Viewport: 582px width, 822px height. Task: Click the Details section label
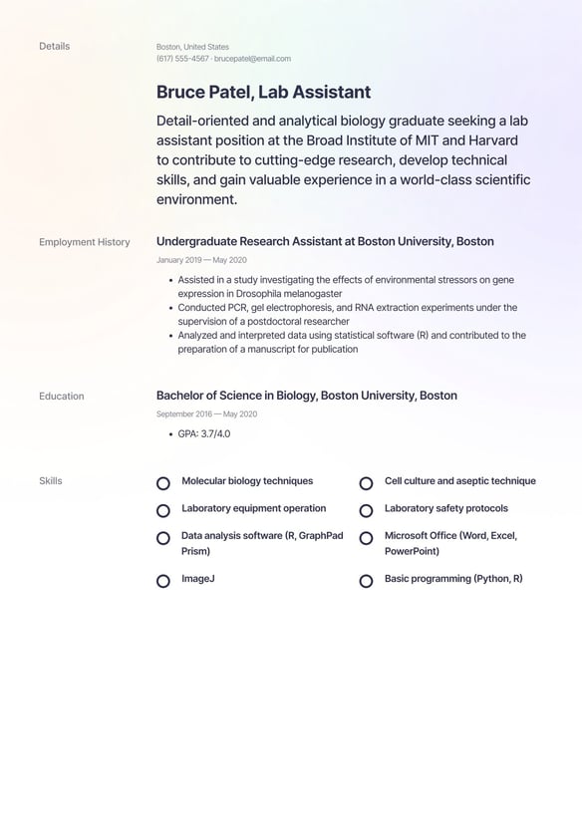pos(54,46)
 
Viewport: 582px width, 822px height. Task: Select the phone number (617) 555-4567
pos(182,59)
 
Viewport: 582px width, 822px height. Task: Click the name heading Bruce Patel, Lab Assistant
pos(263,93)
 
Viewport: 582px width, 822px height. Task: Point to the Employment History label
pos(84,242)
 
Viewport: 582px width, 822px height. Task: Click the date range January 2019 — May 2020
pos(201,260)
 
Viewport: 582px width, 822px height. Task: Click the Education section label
pos(61,396)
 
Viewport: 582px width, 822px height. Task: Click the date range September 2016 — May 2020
pos(206,413)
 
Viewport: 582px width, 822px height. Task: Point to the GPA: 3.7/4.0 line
pos(203,433)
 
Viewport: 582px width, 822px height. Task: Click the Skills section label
pos(50,481)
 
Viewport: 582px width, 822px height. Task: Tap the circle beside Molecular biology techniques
pos(163,483)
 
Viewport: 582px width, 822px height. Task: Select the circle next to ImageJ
pos(163,580)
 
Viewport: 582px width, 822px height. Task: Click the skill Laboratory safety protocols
pos(445,508)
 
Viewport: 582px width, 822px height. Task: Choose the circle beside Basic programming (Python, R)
pos(366,580)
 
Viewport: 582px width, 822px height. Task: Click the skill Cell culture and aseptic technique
pos(459,481)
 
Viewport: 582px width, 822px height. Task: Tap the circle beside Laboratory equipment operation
pos(163,510)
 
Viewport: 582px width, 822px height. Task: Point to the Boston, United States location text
pos(192,47)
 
